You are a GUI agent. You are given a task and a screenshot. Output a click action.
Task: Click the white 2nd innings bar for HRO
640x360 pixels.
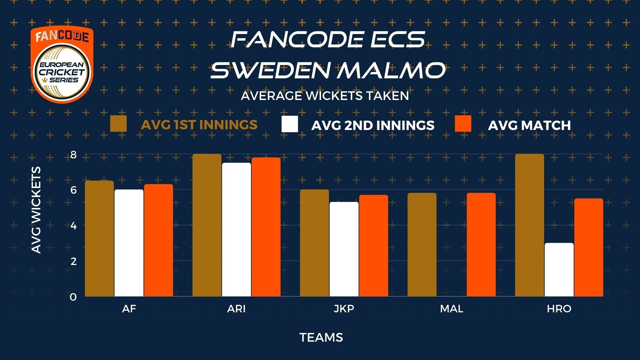[x=559, y=270]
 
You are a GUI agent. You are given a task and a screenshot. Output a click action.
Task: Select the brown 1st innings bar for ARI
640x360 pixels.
[x=207, y=225]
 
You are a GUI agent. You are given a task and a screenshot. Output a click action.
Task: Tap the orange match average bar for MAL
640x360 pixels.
[x=481, y=245]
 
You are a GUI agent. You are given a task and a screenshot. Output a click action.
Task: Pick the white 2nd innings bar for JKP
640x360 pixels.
[x=344, y=249]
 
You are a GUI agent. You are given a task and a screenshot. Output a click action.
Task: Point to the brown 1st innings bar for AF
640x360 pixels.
[x=99, y=238]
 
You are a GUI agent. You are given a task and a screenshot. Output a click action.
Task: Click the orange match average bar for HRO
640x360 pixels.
[x=589, y=247]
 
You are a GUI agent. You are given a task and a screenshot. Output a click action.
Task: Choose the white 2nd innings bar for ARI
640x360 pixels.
[x=236, y=229]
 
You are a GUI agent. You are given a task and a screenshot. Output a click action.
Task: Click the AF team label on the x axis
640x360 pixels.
[x=129, y=309]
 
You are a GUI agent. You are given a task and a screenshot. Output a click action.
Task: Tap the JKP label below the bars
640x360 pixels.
[x=344, y=309]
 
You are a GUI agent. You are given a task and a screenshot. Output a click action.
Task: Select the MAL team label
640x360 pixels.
[x=451, y=309]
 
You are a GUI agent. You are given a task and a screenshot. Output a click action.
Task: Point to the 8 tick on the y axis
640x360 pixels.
[x=73, y=155]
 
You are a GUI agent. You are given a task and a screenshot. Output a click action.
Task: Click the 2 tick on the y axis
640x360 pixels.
[x=73, y=261]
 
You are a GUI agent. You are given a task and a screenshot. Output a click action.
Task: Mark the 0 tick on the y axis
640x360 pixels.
[x=73, y=297]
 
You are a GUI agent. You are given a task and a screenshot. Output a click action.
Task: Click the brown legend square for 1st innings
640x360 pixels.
[x=118, y=124]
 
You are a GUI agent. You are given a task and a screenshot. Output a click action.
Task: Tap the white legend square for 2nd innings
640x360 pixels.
[x=290, y=124]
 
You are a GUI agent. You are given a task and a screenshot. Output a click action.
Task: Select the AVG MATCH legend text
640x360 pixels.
[x=529, y=125]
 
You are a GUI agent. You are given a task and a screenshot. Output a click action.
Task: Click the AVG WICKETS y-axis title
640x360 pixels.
[x=36, y=210]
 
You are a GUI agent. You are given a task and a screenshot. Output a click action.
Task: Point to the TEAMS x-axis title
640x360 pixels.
[x=321, y=337]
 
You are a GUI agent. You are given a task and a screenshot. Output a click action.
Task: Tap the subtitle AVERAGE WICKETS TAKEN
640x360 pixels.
[x=325, y=96]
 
